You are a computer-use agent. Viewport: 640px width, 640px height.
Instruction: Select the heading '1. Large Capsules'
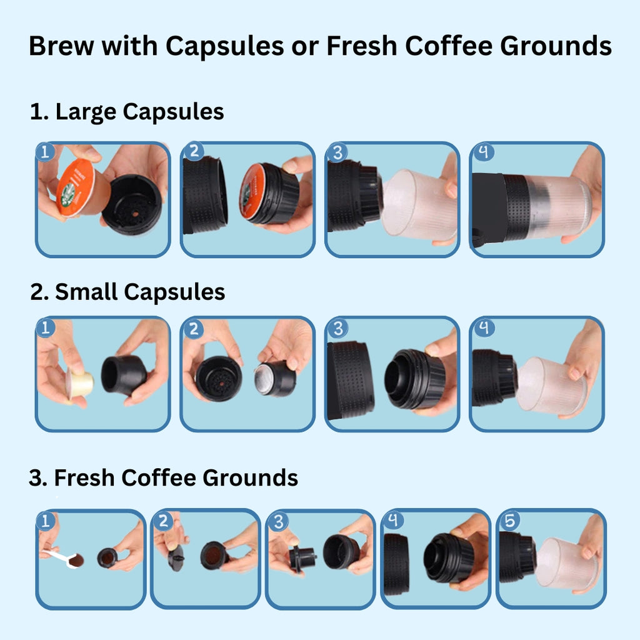(127, 112)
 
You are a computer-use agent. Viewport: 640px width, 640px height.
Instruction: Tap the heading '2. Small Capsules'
(127, 292)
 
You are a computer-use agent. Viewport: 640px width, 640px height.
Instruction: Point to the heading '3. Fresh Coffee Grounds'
(163, 477)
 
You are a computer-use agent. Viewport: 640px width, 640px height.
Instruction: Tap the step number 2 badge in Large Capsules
(193, 152)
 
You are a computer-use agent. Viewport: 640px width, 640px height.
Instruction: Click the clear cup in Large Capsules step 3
(419, 204)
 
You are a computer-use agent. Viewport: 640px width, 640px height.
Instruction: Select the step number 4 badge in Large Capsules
(482, 152)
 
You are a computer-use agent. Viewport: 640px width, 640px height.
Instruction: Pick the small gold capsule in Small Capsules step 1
(81, 382)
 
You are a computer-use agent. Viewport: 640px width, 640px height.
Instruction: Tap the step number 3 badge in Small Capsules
(337, 327)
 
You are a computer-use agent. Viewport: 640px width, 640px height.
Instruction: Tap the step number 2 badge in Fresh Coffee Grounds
(164, 520)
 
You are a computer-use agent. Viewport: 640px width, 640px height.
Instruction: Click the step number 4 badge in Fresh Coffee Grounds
(394, 520)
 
